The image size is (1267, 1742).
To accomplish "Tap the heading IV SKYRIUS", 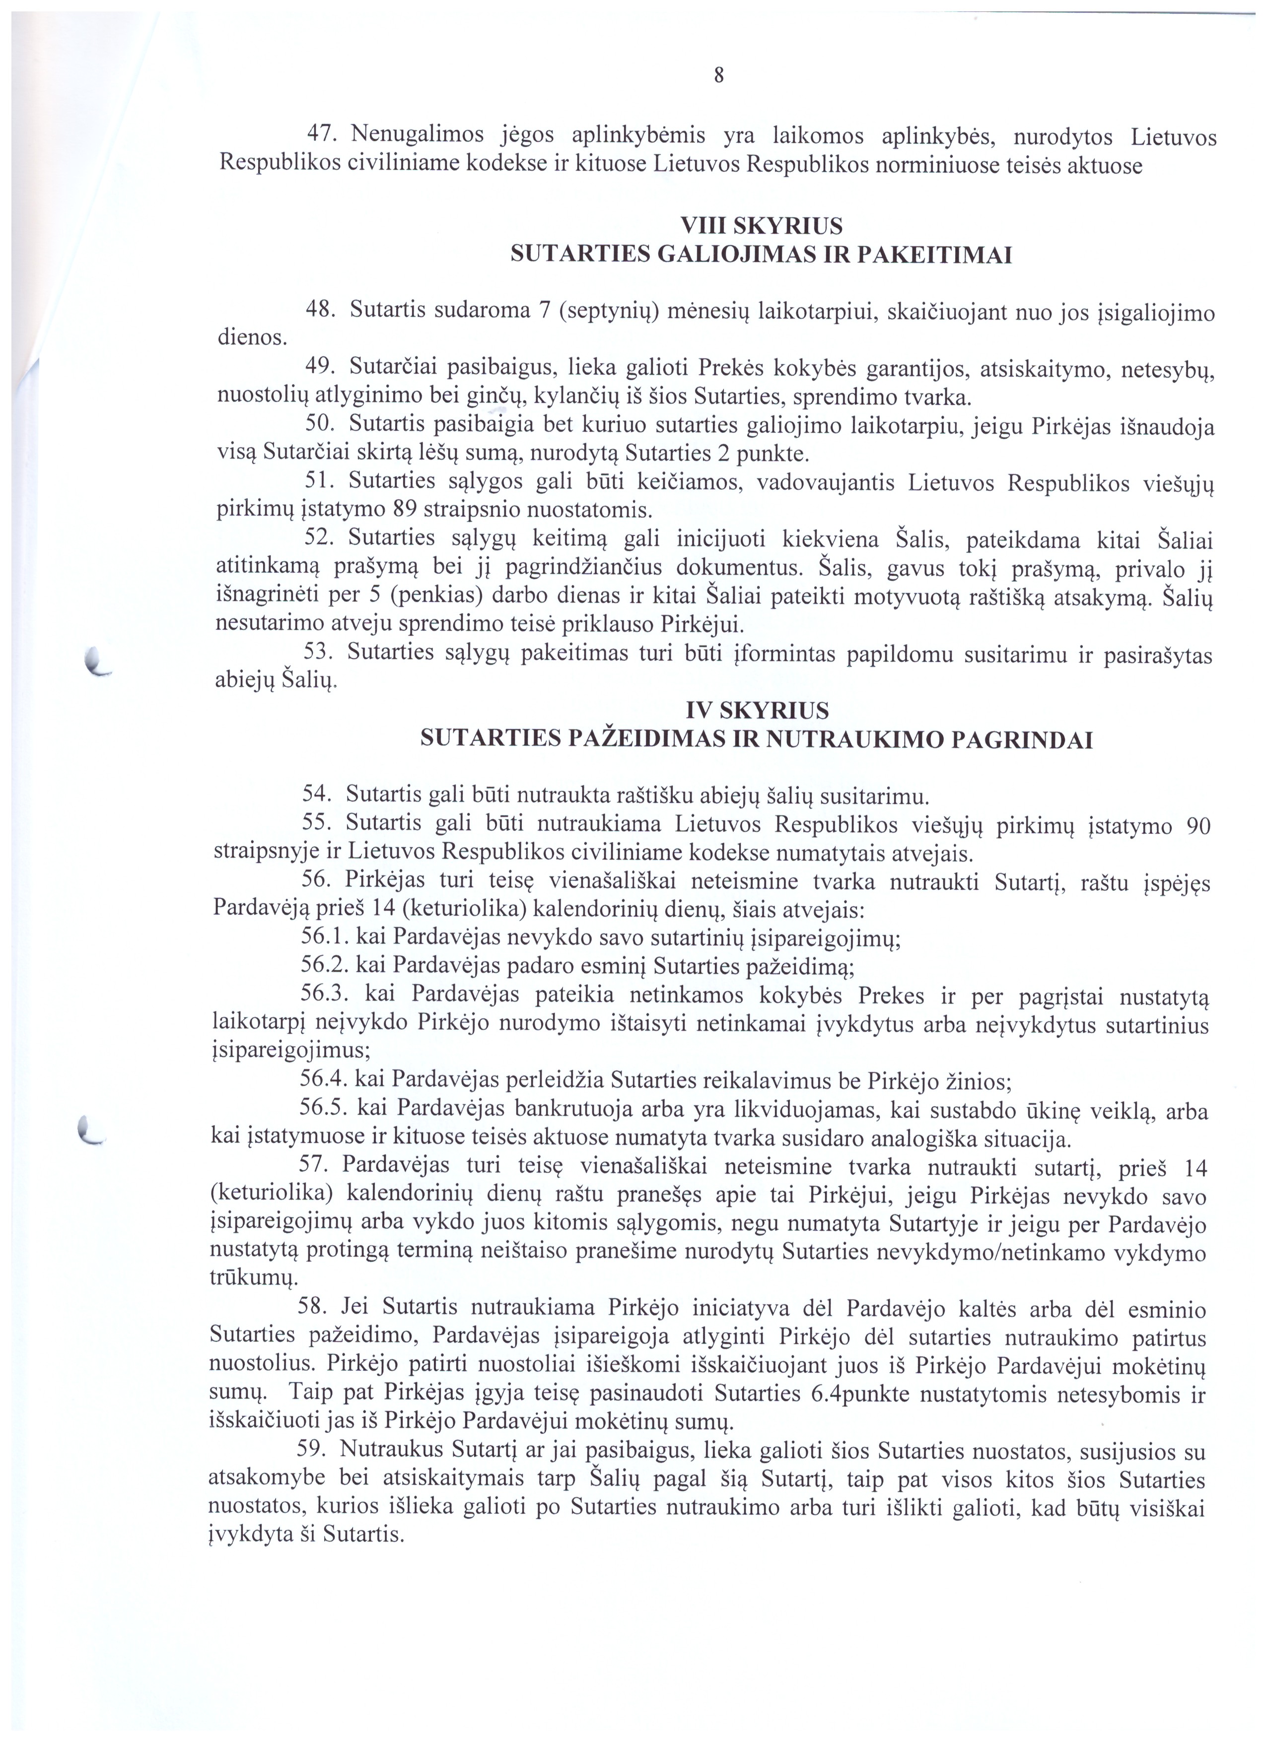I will (x=757, y=709).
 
